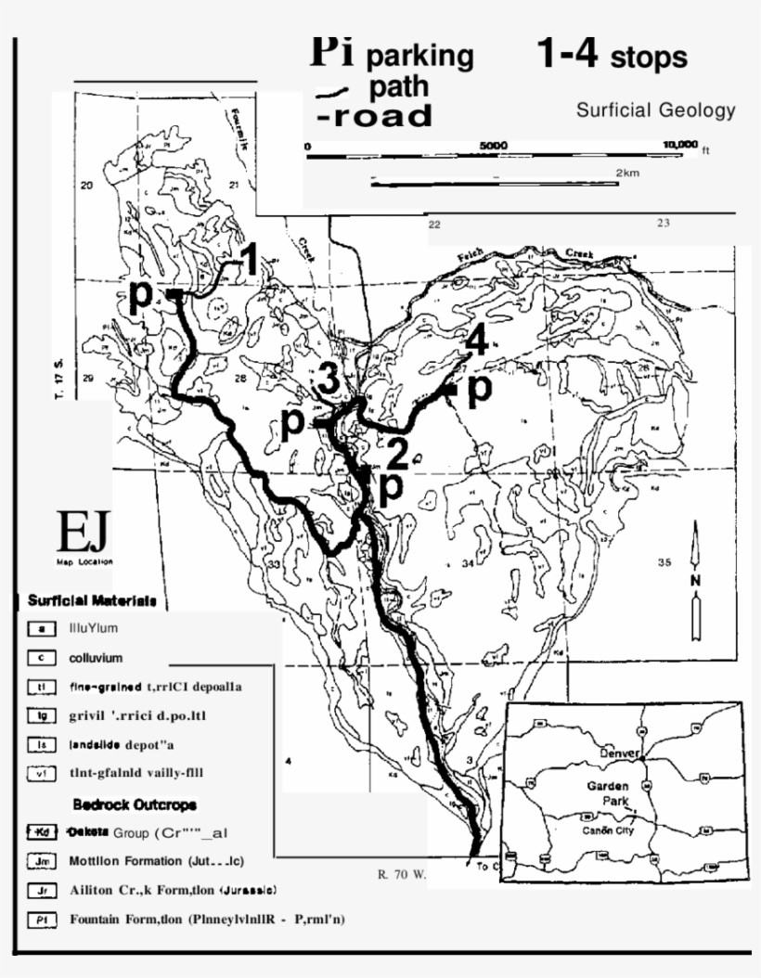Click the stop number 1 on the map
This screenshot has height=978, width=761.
(247, 261)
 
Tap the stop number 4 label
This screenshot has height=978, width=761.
(476, 341)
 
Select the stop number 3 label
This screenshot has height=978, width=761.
(328, 380)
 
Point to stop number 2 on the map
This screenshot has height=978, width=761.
(397, 455)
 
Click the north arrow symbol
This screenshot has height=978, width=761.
(696, 580)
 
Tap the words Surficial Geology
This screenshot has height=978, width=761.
(655, 110)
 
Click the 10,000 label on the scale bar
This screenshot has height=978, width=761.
(680, 146)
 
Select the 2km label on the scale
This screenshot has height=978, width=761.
(627, 173)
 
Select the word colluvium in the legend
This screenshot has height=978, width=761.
(96, 658)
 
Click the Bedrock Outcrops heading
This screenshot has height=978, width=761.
(135, 804)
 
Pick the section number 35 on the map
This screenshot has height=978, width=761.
(664, 562)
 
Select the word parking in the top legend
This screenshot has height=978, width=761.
(419, 56)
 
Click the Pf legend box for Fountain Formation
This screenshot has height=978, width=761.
(42, 920)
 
